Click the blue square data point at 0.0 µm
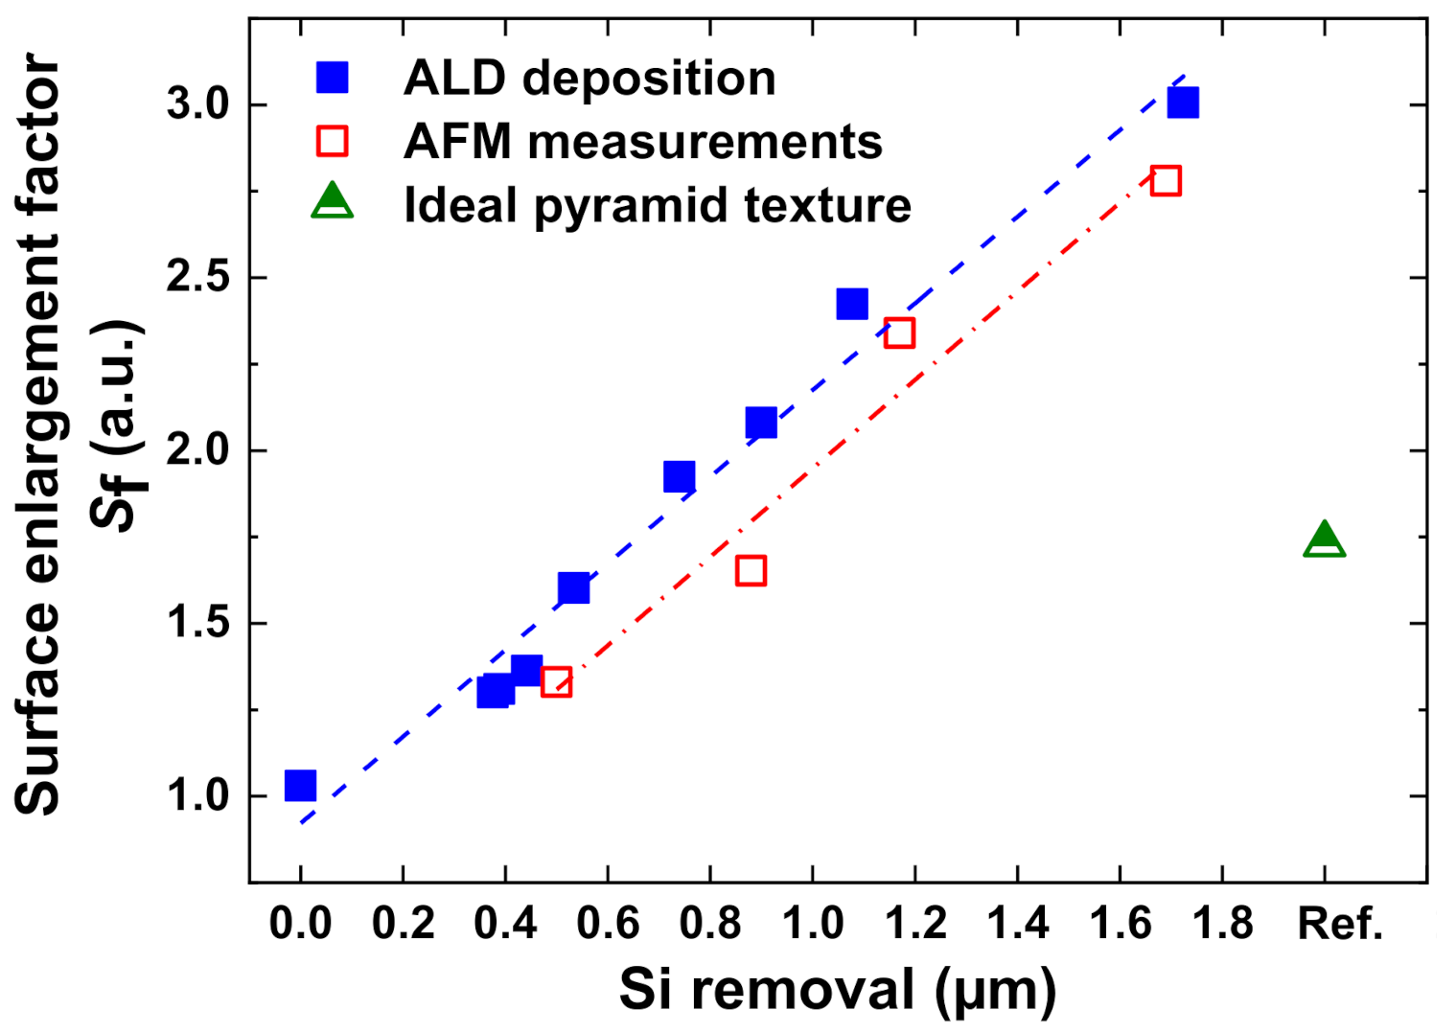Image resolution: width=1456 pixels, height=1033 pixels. pos(300,786)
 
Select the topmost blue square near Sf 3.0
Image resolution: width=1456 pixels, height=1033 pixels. pos(1183,102)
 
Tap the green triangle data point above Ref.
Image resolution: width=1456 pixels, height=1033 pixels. pos(1324,540)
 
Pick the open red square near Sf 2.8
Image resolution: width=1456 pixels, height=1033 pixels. pos(1166,181)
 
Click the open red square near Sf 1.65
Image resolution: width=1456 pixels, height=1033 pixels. pos(751,571)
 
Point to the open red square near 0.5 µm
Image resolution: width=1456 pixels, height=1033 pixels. pos(556,682)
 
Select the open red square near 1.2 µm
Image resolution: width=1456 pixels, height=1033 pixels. pos(899,333)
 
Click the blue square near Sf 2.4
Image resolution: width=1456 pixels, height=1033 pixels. pos(851,304)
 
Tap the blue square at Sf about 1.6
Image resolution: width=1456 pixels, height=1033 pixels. pos(573,587)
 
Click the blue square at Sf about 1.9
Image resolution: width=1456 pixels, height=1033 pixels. pos(679,476)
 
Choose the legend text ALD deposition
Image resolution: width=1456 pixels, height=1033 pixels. pos(589,78)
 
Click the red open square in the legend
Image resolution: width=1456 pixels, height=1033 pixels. pos(333,142)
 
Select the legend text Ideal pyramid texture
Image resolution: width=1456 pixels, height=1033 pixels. pos(657,205)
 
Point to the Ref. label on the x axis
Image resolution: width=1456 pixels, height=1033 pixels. pos(1339,925)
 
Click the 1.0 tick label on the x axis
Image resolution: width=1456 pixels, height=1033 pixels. pos(813,925)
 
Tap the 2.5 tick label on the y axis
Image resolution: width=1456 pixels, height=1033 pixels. pos(197,278)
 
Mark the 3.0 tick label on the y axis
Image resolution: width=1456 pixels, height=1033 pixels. pos(197,104)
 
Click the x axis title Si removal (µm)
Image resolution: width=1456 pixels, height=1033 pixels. pos(837,990)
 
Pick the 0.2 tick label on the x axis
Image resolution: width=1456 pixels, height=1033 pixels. pos(403,925)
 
